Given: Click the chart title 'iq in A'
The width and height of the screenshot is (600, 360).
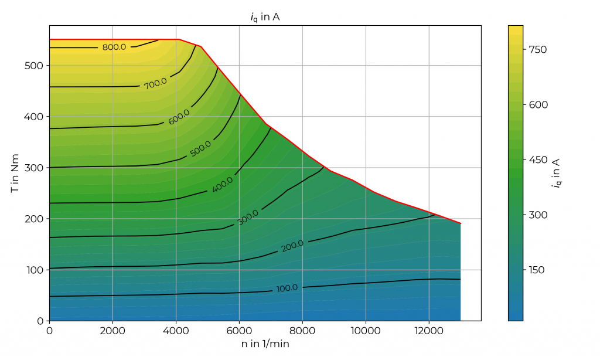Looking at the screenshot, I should coord(265,17).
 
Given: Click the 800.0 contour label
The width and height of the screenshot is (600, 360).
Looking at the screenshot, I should coord(114,47).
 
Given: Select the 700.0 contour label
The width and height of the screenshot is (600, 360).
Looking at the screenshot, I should coord(155,84).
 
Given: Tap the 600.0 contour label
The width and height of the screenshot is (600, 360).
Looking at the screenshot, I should coord(179,117).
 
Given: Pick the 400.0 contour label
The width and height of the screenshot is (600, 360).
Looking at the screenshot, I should coord(222,184).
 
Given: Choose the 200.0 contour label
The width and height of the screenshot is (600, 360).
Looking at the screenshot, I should coord(292,246).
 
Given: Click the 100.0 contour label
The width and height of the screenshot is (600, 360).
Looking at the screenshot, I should coord(287,288).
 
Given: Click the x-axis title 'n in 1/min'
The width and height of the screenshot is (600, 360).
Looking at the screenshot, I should coord(265,344).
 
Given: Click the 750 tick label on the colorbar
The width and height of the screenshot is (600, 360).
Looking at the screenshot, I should coord(537,49).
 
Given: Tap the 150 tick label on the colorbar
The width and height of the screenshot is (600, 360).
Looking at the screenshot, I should coord(537,270).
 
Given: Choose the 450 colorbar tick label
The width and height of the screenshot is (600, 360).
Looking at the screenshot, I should coord(537,159).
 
